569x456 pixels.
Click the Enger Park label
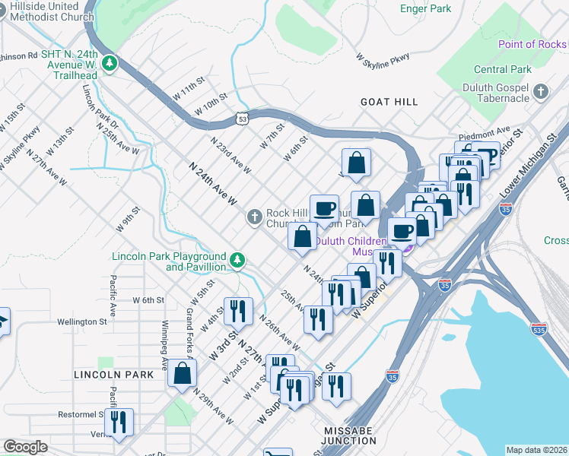click(425, 9)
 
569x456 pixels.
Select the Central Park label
click(502, 69)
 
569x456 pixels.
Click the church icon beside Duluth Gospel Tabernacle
click(541, 92)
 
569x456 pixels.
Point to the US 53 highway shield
click(242, 119)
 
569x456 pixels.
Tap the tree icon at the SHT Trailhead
click(110, 62)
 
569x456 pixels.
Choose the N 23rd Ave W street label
click(230, 154)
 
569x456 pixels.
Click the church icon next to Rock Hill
click(255, 218)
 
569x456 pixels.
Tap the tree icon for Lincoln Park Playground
click(238, 261)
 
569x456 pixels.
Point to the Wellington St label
click(81, 321)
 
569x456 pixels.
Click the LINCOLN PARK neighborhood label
click(113, 375)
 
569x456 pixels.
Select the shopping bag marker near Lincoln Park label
click(183, 373)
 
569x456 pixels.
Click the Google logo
click(25, 447)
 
